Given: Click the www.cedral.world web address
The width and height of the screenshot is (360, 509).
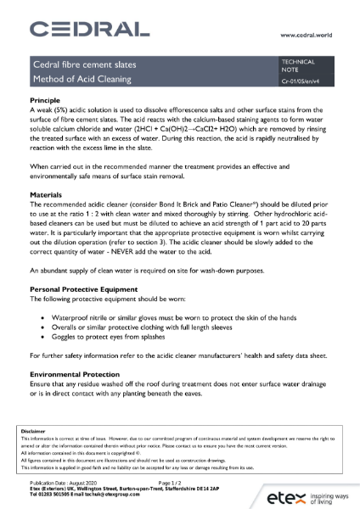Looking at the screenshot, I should click(312, 36).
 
